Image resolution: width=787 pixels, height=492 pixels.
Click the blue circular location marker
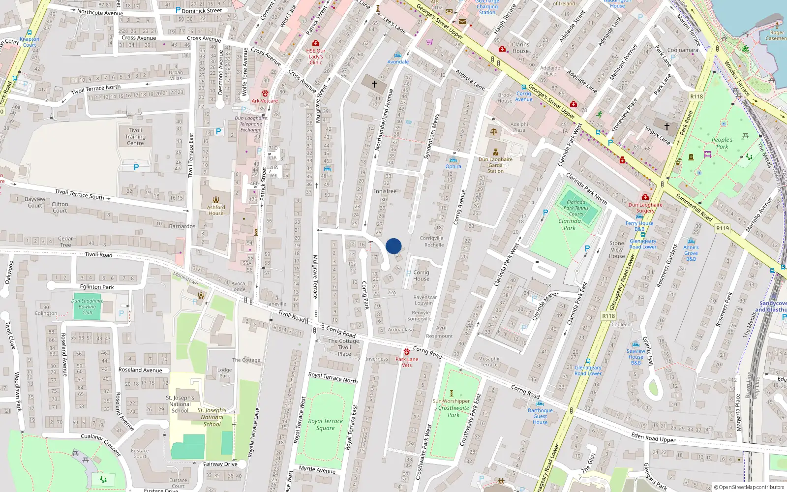tap(393, 246)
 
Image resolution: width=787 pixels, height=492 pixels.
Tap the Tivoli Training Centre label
tap(135, 137)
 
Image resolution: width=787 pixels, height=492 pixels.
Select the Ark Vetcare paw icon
tap(265, 93)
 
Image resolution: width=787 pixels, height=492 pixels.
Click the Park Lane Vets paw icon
tap(407, 352)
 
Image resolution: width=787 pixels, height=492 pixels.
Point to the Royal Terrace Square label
tap(325, 425)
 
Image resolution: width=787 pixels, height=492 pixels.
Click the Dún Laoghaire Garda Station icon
tap(496, 152)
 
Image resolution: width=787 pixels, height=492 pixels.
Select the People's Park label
tap(722, 143)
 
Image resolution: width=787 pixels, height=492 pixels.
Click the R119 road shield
tap(722, 228)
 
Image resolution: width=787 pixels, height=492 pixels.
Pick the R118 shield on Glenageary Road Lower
tap(608, 316)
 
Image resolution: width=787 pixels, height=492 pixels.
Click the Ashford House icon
tap(216, 200)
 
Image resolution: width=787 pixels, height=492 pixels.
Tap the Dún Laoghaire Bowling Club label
tap(87, 307)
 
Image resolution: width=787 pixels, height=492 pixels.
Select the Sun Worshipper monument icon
tap(452, 394)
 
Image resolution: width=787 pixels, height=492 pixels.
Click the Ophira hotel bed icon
tap(454, 160)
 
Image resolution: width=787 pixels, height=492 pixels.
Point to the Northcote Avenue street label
tap(100, 12)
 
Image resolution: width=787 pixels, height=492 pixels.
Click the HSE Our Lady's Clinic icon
tap(316, 43)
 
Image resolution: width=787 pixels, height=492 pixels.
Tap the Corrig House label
tap(421, 276)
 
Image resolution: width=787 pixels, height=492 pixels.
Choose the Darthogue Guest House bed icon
tap(540, 403)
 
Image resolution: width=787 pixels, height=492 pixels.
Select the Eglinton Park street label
tap(97, 287)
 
